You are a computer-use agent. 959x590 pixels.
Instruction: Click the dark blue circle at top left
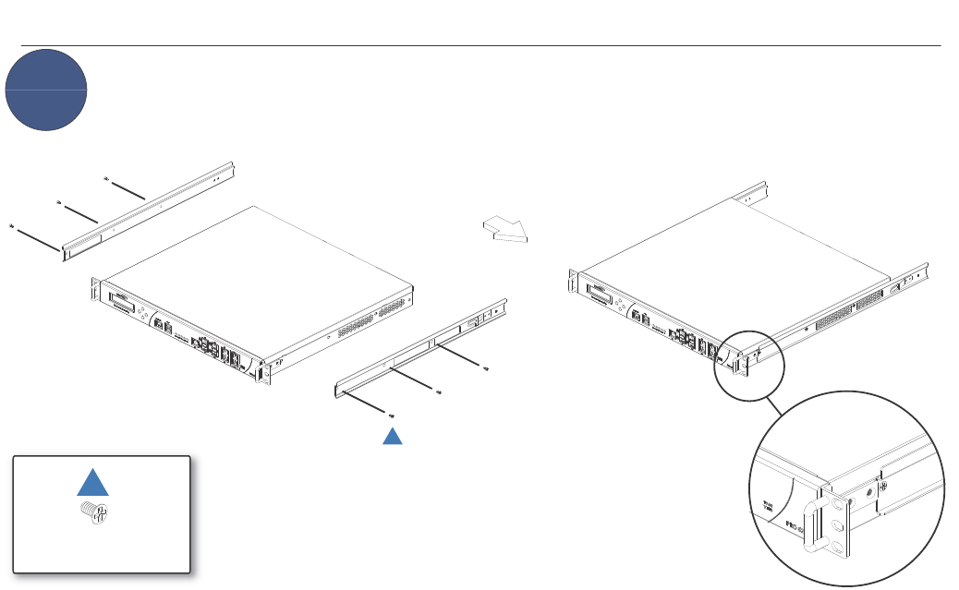[46, 90]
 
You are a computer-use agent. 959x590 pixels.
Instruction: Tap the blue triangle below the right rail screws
[393, 436]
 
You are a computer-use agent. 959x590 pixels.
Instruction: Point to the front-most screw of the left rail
[11, 225]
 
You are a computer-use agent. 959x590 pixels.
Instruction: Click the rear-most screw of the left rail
[107, 177]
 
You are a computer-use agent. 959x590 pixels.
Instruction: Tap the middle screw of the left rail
[59, 200]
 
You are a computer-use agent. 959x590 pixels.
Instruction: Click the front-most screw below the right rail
[392, 416]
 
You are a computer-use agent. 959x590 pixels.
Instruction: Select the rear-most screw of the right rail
[486, 369]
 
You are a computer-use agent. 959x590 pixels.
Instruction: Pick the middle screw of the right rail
[439, 392]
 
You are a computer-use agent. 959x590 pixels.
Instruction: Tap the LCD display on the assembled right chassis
[600, 296]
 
